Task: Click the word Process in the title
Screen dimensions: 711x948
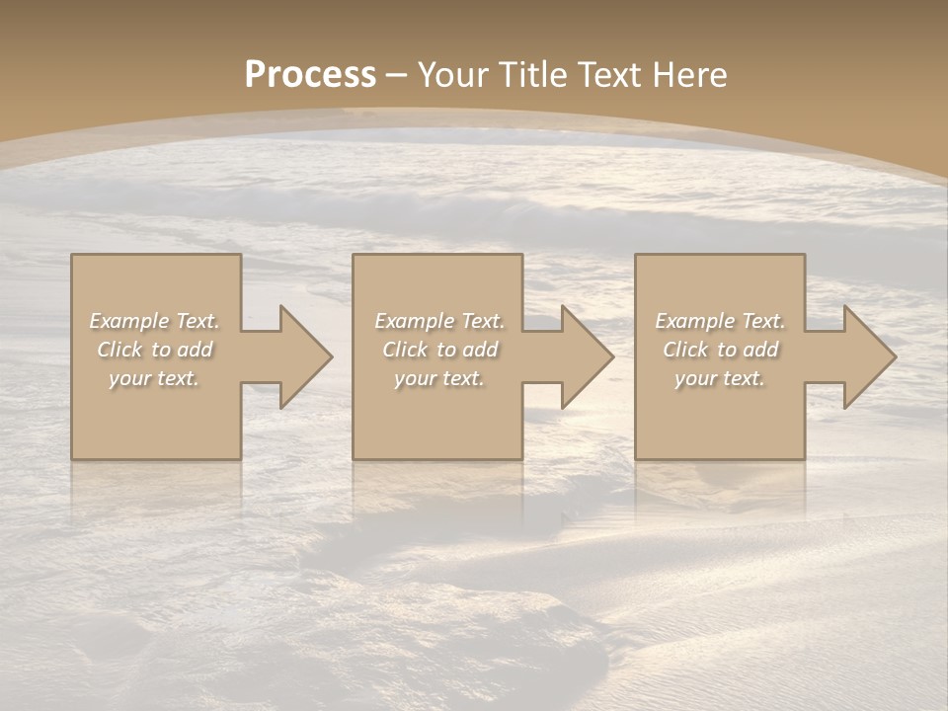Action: tap(310, 74)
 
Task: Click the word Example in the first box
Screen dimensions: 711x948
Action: tap(128, 321)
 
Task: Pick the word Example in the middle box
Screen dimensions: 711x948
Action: tap(414, 321)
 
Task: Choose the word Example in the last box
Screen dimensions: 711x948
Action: tap(694, 321)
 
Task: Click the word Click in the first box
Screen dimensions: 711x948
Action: tap(119, 350)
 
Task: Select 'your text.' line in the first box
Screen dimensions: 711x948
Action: tap(154, 378)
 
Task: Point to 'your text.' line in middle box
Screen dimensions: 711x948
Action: tap(439, 378)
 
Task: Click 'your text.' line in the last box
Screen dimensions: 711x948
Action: tap(720, 378)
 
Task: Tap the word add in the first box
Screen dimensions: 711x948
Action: tap(196, 350)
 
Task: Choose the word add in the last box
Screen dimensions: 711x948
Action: tap(761, 350)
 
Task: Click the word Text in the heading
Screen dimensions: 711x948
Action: tap(608, 75)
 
